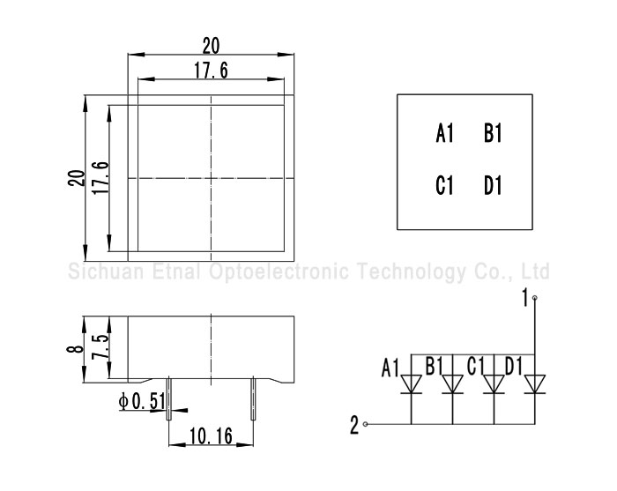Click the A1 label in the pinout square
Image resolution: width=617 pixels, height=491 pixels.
444,134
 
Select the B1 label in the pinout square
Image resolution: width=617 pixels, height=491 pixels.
493,134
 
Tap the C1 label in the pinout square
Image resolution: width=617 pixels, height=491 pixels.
444,186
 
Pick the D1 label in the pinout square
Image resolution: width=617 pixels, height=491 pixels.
493,186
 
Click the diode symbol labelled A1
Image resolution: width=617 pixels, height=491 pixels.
411,384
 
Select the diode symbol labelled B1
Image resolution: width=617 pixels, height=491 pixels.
452,384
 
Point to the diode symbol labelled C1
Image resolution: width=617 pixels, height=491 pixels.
494,384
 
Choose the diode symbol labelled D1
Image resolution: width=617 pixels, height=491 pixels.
534,384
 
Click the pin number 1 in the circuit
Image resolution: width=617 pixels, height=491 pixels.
524,298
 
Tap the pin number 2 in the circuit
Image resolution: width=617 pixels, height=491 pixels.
354,426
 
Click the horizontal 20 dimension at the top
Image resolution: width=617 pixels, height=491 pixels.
212,44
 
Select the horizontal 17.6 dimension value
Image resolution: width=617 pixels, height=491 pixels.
212,71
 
